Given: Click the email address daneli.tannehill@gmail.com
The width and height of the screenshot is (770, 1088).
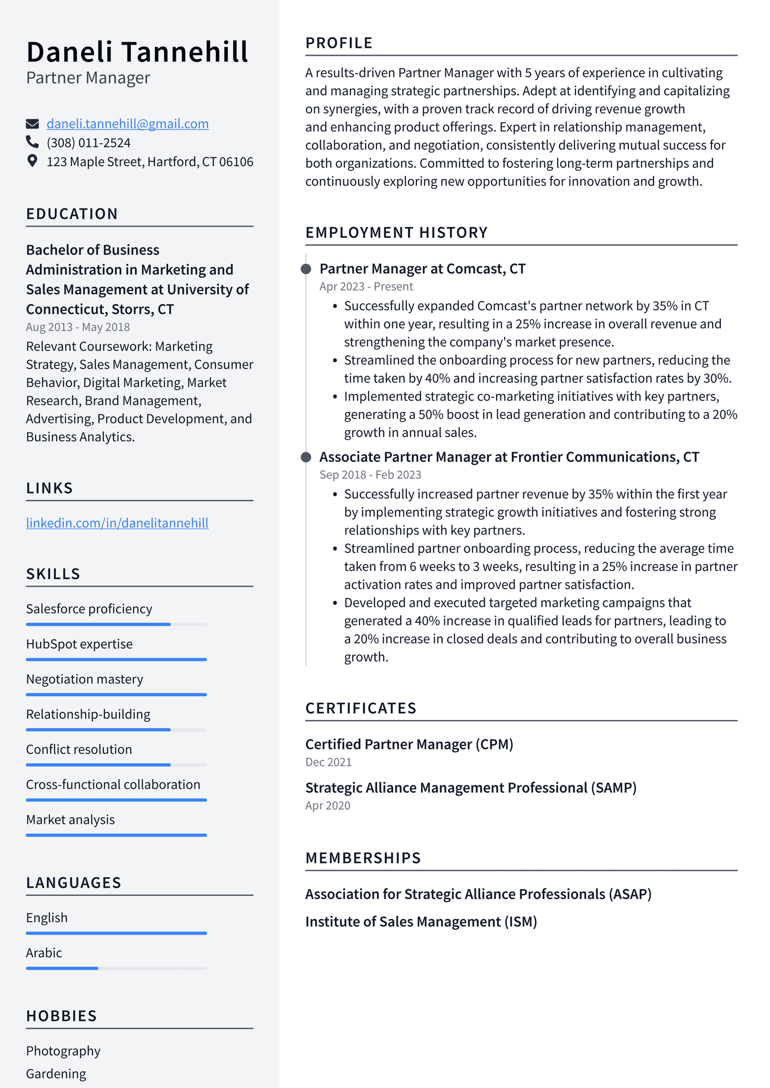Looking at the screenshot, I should click(127, 124).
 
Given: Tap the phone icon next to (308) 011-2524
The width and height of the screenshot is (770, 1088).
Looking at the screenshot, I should click(33, 142).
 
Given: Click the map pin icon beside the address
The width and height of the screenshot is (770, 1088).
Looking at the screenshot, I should click(33, 161).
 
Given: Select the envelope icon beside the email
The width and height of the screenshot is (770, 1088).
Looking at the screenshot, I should click(33, 124).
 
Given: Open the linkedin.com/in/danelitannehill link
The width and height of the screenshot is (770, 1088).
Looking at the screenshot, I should click(117, 523).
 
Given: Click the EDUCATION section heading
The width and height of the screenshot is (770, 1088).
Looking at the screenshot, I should click(72, 214).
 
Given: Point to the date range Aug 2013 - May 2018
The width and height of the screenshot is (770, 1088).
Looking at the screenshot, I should click(78, 327).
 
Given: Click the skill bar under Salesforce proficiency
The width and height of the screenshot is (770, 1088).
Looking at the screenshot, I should click(116, 624).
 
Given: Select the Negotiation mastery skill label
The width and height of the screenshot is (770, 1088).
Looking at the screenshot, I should click(85, 680).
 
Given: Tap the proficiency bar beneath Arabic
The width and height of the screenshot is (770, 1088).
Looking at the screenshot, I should click(116, 968).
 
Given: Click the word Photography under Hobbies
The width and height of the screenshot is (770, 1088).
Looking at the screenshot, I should click(63, 1051).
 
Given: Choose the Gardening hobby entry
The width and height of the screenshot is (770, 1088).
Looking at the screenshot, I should click(56, 1074).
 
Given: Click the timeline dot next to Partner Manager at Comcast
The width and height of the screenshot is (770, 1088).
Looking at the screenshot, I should click(306, 269).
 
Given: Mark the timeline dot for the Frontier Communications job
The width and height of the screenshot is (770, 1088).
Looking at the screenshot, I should click(306, 457).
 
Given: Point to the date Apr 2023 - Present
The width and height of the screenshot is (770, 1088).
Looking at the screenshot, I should click(366, 287).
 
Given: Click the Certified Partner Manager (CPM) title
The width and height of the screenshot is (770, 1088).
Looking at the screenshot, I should click(409, 744).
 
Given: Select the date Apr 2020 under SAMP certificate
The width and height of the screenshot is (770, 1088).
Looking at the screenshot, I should click(328, 806).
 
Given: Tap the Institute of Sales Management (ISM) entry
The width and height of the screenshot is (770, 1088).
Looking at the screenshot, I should click(421, 922).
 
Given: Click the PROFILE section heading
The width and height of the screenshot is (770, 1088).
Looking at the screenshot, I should click(339, 43).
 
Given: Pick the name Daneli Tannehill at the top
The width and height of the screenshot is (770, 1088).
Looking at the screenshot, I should click(137, 52).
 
